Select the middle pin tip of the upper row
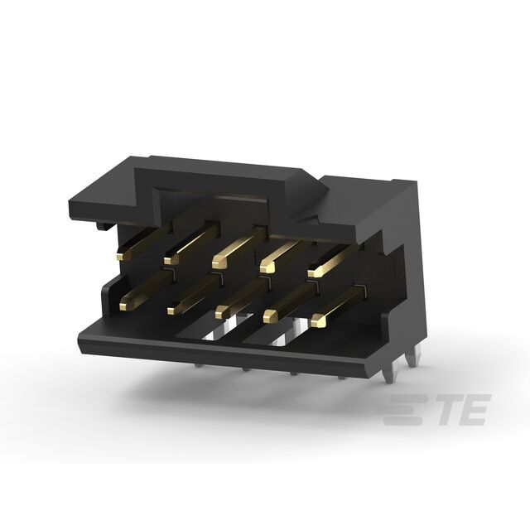218,263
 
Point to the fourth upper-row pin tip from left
267,267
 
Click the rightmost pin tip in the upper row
315,271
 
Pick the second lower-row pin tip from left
172,309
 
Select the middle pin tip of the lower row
221,313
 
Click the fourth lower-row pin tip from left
270,316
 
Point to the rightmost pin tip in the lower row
318,320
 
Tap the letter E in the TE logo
475,409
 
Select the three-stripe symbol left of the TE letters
406,409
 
